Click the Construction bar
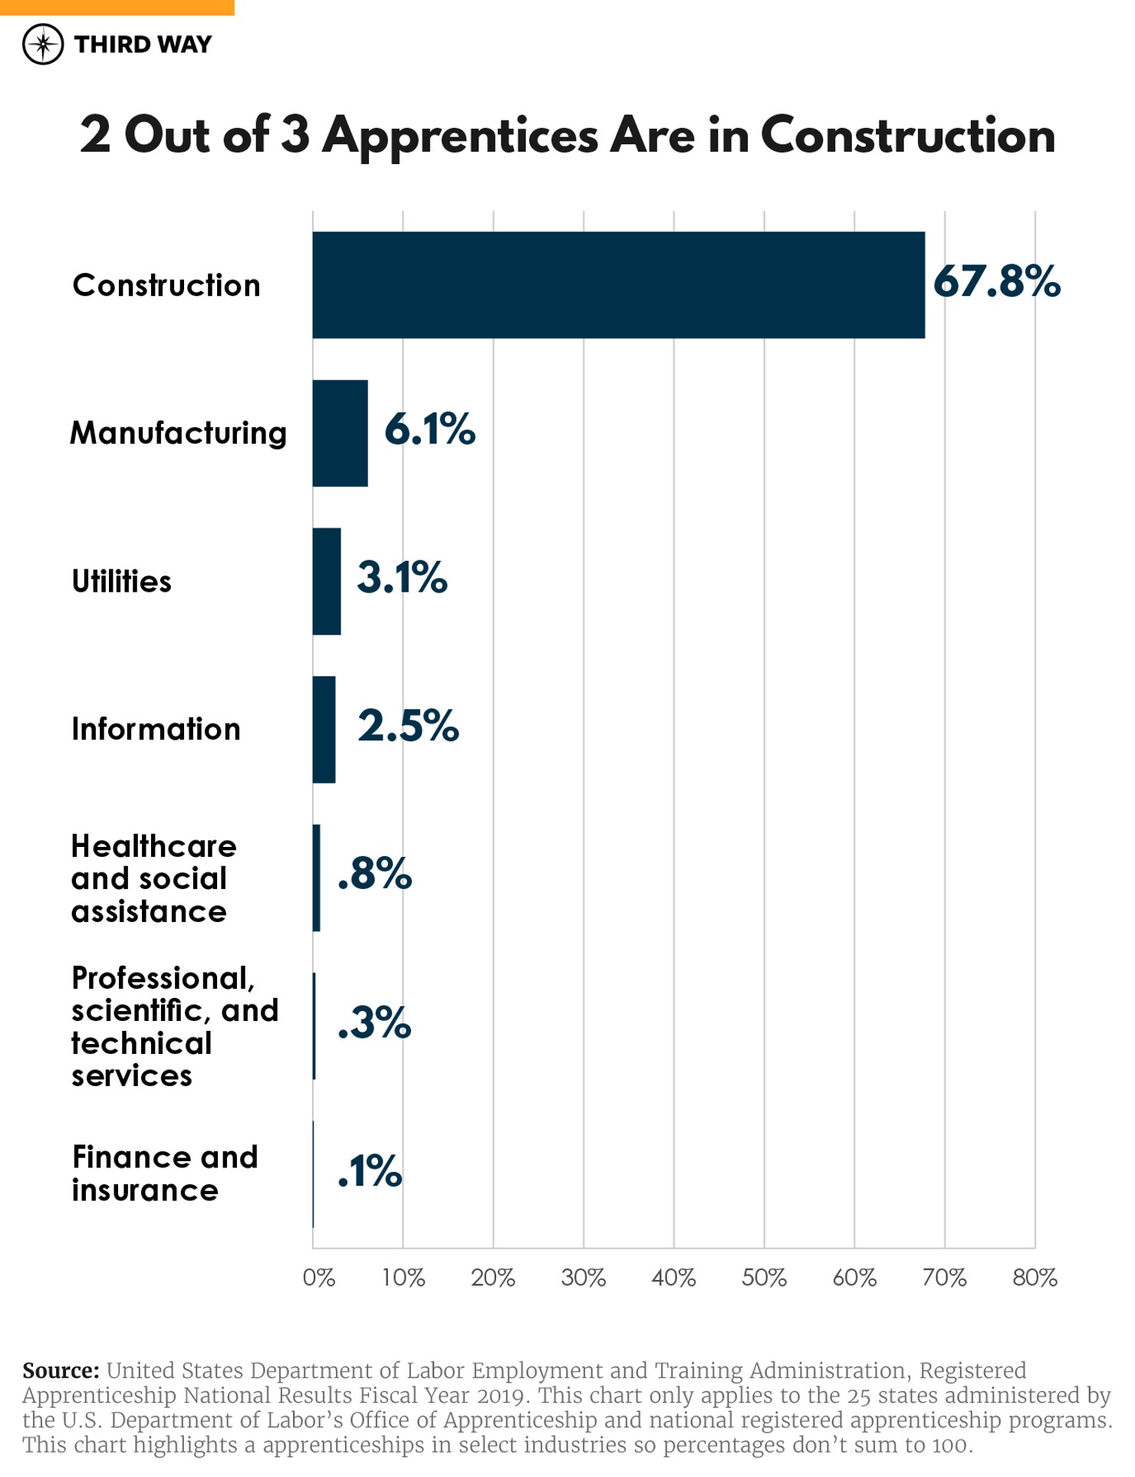pos(618,284)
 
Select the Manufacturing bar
pos(340,433)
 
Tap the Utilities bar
pos(326,581)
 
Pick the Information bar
pos(324,729)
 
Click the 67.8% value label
pos(996,281)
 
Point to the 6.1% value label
pos(429,428)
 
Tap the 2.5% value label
pos(408,725)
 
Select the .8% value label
pos(374,873)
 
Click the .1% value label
pos(370,1170)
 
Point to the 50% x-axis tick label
pos(764,1278)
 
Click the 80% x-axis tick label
pos(1035,1278)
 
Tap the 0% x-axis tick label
pos(318,1278)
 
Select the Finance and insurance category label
pos(164,1173)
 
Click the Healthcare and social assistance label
pos(153,878)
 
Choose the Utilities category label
pos(121,581)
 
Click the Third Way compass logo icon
pos(43,44)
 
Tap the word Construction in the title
pos(907,135)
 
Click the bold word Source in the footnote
pos(61,1370)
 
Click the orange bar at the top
pos(117,7)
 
